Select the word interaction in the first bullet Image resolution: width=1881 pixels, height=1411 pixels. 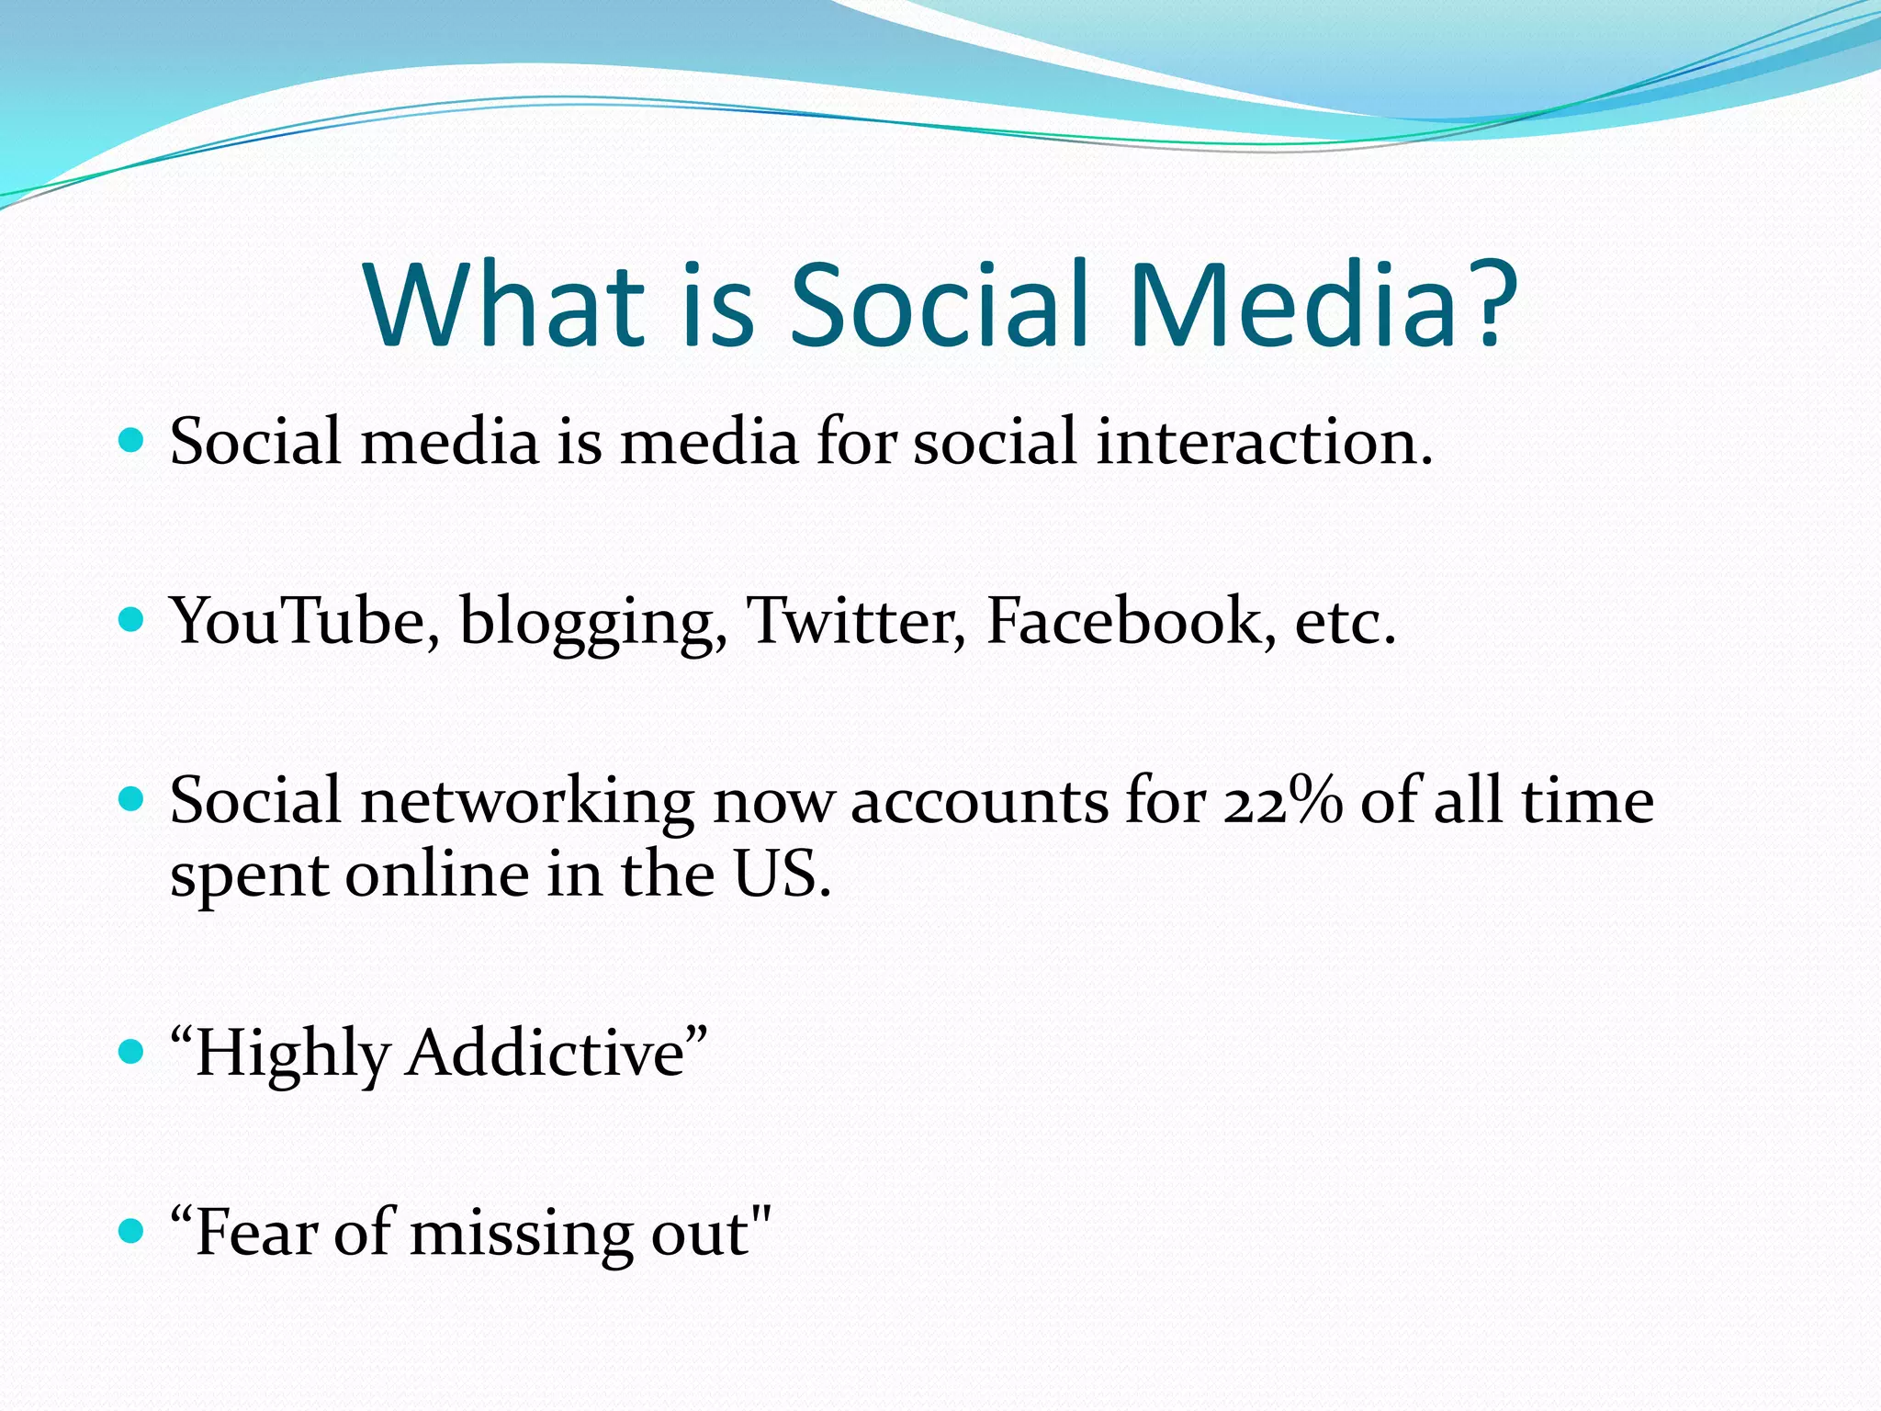point(1263,442)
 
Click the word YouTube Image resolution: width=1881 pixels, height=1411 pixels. point(298,621)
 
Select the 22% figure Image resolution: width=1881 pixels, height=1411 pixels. point(1282,800)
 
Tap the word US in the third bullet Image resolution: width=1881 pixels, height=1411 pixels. point(781,874)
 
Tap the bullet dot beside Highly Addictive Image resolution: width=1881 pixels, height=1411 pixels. point(132,1051)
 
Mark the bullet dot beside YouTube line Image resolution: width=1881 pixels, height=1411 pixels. point(132,619)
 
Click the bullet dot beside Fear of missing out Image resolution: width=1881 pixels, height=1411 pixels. point(132,1231)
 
